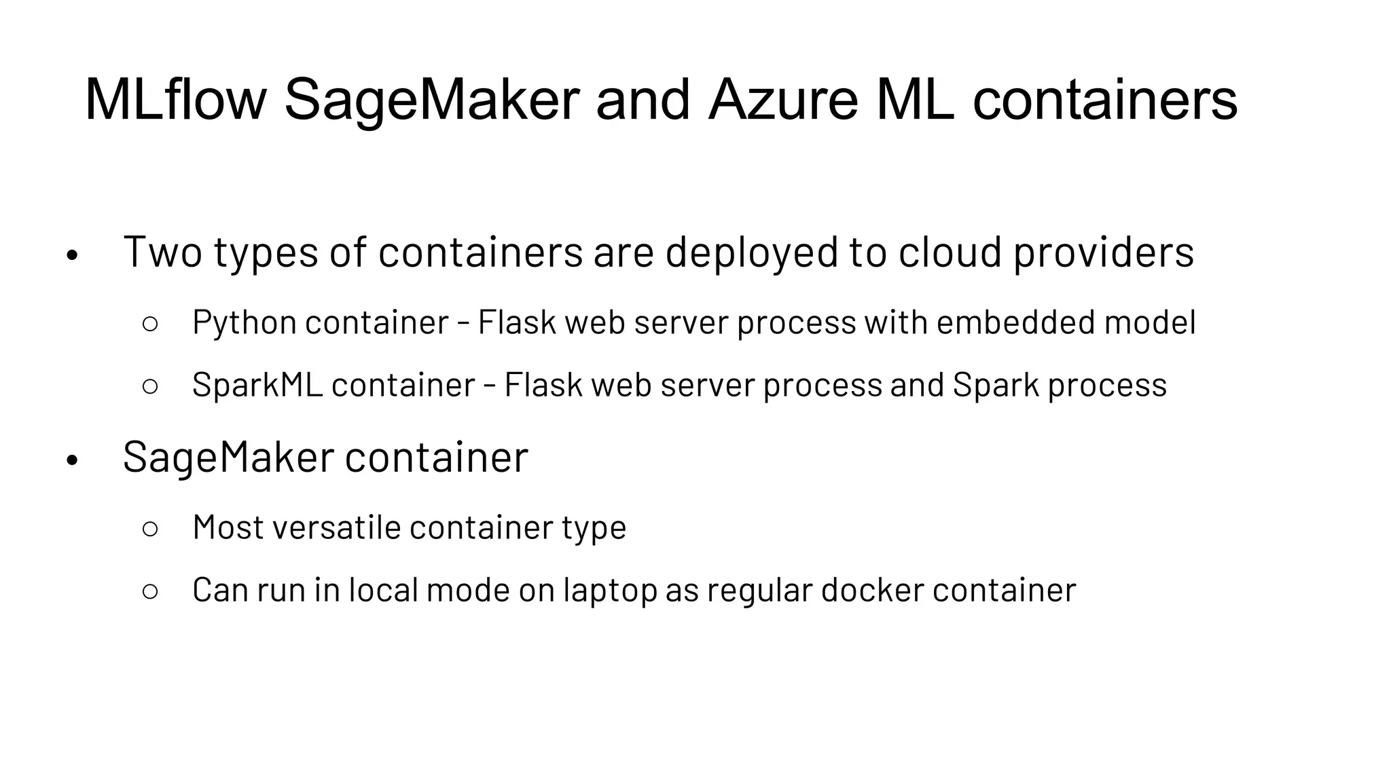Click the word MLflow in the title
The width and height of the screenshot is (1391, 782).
175,100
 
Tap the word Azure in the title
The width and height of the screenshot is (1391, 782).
783,100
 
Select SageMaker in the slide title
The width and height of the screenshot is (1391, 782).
431,100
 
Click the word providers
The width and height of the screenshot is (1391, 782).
1103,252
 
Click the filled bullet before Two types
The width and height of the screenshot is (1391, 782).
73,257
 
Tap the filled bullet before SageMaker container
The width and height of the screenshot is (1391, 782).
73,462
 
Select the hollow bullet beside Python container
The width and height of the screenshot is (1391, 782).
151,324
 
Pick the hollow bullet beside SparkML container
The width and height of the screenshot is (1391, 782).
151,386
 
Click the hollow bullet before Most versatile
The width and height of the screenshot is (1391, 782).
151,529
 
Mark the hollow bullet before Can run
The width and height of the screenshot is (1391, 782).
151,591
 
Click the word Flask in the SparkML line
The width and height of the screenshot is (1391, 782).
543,385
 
